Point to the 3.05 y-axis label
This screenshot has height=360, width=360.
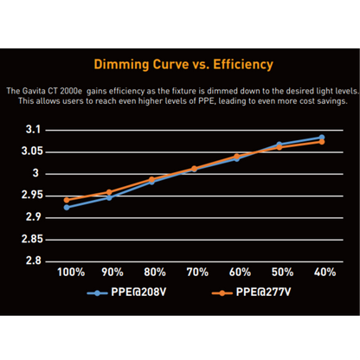pos(29,151)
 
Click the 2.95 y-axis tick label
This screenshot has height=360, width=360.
pos(29,195)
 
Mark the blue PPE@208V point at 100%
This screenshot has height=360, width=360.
pos(67,207)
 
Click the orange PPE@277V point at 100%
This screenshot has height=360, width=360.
pos(67,200)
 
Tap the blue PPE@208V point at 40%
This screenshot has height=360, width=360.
pos(322,137)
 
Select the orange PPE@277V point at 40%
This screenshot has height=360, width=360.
pos(322,142)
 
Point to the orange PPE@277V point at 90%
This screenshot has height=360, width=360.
pos(109,192)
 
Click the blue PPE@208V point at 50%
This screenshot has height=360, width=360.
pos(279,145)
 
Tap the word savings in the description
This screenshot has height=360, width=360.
pos(331,100)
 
